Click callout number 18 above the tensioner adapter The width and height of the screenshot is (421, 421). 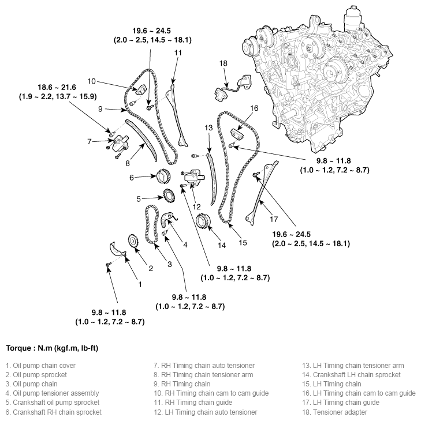pos(224,63)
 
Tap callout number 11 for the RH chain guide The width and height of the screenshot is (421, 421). pos(178,53)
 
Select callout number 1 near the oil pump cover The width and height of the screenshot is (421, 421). pos(139,283)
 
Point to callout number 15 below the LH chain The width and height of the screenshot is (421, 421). pos(243,242)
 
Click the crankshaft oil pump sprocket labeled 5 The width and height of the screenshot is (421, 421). pos(169,197)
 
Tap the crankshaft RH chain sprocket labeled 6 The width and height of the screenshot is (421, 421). pos(162,176)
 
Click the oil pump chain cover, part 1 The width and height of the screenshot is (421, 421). pos(117,250)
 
